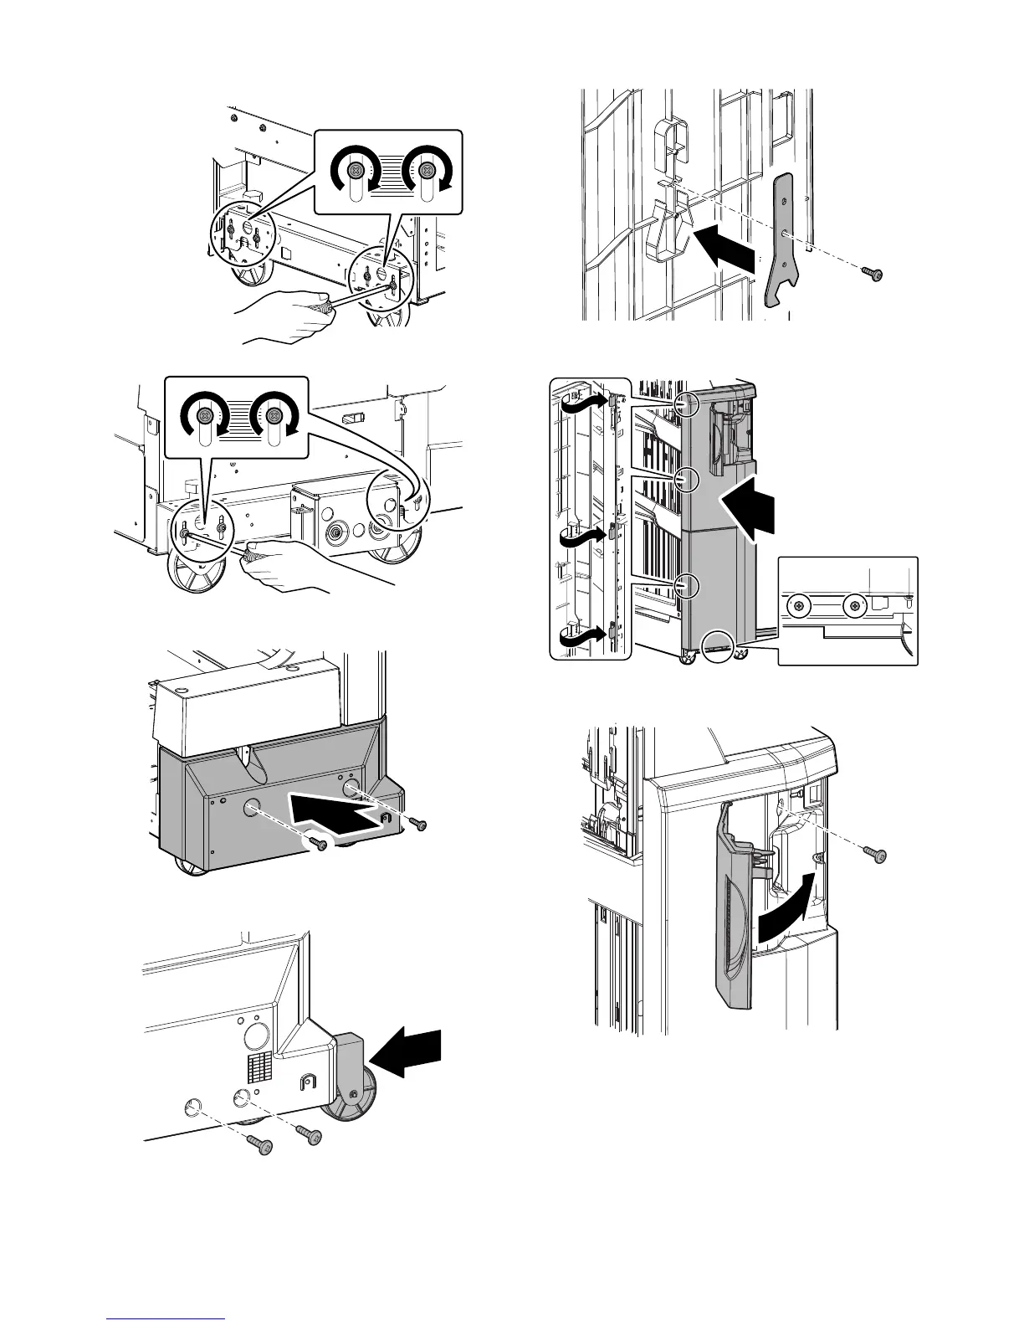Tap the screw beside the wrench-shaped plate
(874, 274)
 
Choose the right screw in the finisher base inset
(854, 604)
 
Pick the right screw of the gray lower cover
(418, 825)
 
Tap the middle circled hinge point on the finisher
(687, 480)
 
